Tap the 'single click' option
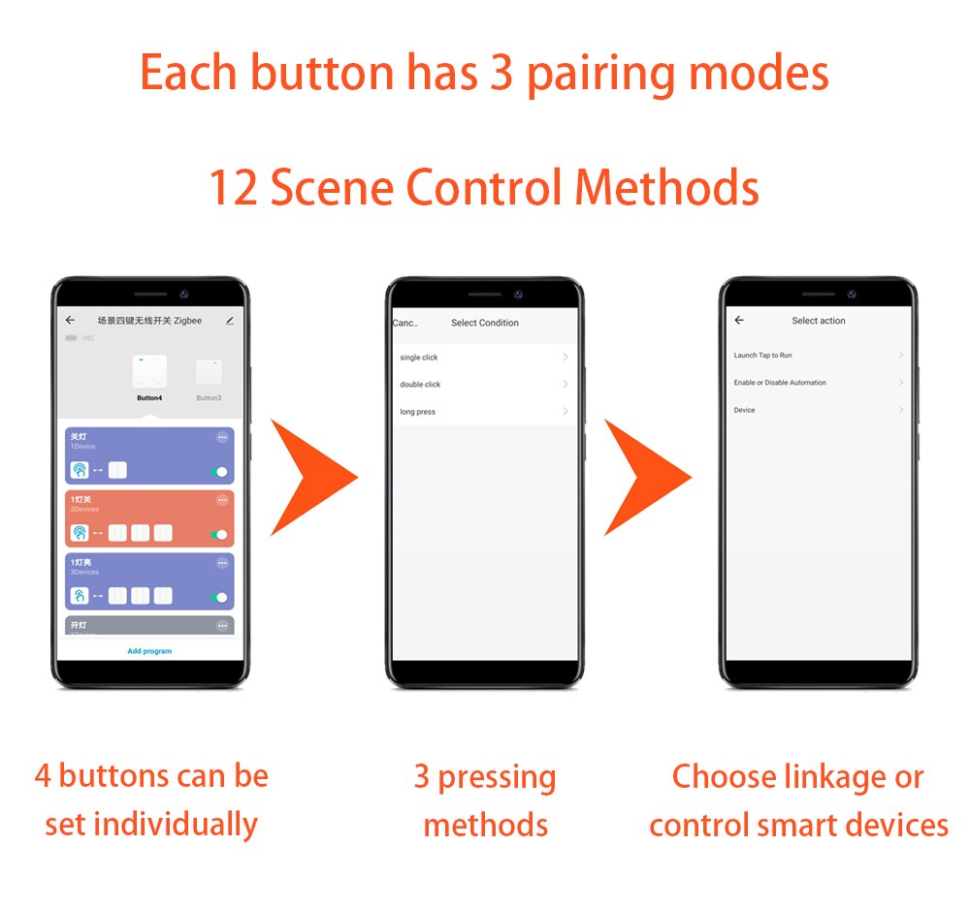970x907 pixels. [x=419, y=358]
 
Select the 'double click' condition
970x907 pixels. [x=420, y=385]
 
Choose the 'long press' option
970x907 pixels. [x=417, y=412]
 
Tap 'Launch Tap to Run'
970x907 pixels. [x=762, y=356]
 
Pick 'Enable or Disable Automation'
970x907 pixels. [x=780, y=383]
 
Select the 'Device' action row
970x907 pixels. [x=744, y=410]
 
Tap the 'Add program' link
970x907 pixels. [x=149, y=651]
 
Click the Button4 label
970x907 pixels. [x=149, y=398]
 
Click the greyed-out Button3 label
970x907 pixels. [x=209, y=398]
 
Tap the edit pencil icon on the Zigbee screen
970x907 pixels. [x=230, y=320]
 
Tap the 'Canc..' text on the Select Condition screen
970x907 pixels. [x=404, y=323]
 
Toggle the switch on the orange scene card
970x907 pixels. [x=219, y=534]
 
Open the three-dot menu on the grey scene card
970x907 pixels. [x=222, y=626]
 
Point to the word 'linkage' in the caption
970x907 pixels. [x=841, y=777]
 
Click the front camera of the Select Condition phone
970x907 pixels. [x=519, y=294]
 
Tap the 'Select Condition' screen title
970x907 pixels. [x=485, y=323]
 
